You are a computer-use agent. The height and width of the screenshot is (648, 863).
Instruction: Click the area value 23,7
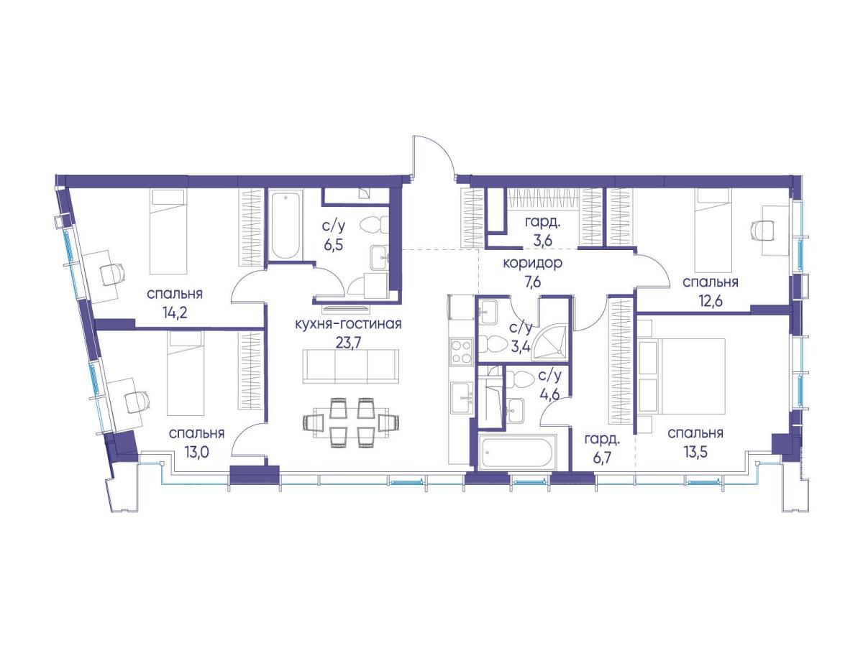[348, 343]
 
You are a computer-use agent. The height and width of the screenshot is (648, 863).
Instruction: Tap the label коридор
[533, 263]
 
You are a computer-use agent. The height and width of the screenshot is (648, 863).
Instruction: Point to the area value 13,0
[197, 453]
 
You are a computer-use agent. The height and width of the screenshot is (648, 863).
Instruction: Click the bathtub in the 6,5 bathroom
[286, 224]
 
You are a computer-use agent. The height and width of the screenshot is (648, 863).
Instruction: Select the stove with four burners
[460, 352]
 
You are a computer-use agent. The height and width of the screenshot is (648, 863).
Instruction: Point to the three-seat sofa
[351, 366]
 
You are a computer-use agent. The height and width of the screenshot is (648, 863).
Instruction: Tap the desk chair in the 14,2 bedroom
[112, 274]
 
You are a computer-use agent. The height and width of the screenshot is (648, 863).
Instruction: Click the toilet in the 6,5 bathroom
[373, 225]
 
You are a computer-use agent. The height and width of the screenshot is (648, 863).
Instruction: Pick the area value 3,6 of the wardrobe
[544, 241]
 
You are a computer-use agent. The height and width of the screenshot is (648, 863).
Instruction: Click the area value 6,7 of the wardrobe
[601, 458]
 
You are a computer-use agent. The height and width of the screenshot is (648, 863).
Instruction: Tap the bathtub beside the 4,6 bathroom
[517, 452]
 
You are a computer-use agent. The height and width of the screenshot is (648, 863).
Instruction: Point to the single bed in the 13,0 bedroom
[186, 372]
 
